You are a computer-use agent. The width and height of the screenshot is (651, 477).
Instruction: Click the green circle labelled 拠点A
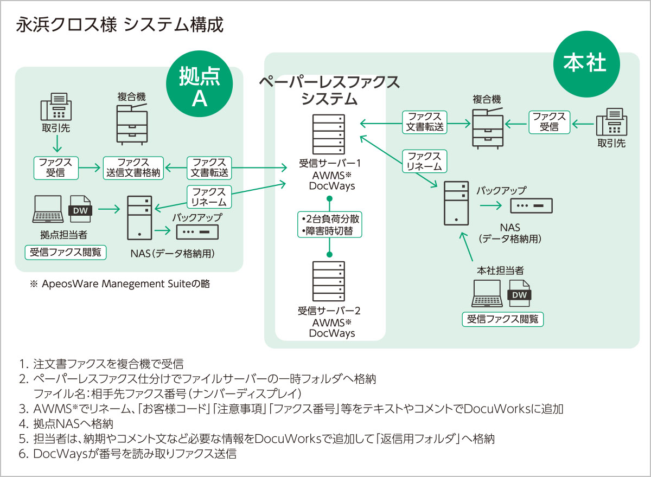click(x=200, y=85)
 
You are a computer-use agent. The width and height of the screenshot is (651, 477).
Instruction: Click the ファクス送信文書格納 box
click(x=133, y=168)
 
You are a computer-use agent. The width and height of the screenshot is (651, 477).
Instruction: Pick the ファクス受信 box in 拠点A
click(x=56, y=168)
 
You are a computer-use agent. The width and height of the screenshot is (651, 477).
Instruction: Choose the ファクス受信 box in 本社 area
click(x=550, y=122)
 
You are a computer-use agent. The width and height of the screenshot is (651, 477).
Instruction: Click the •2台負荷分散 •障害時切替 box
click(x=329, y=224)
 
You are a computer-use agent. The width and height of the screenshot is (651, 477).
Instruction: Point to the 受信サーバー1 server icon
click(x=328, y=134)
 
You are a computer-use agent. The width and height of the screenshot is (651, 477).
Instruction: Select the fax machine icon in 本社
click(x=611, y=122)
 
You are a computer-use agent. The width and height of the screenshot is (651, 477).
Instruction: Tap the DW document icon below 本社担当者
click(x=518, y=294)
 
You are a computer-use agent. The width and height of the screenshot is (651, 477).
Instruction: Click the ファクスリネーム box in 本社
click(x=424, y=161)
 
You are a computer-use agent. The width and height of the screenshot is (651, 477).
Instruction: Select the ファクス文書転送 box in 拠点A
click(x=209, y=168)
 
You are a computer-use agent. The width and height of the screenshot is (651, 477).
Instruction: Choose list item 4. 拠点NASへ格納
click(x=73, y=424)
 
